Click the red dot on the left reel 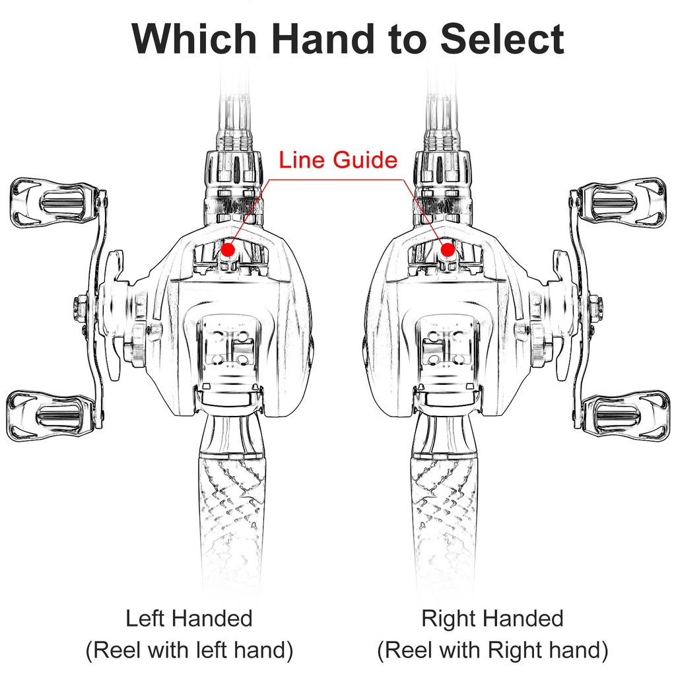click(x=228, y=250)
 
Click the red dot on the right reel click(x=448, y=250)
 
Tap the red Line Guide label click(x=338, y=160)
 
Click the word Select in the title click(x=502, y=39)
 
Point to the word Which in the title click(x=194, y=39)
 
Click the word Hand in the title click(x=323, y=39)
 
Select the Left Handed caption click(x=189, y=618)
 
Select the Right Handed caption click(x=492, y=618)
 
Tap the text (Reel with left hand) click(x=189, y=650)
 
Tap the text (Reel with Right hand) click(x=492, y=650)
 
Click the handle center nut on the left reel click(x=82, y=306)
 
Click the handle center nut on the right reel click(x=594, y=306)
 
